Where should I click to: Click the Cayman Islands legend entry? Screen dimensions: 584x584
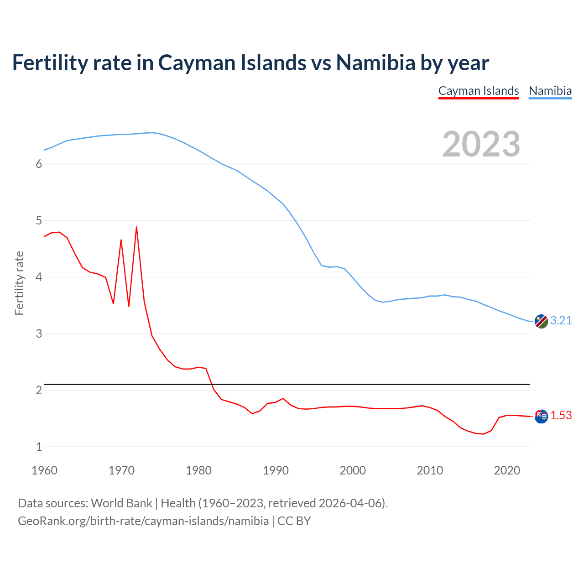[x=479, y=91]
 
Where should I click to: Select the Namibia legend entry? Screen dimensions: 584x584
[x=550, y=91]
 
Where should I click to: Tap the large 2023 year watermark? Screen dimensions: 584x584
[x=481, y=144]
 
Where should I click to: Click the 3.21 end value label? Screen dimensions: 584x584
[x=561, y=321]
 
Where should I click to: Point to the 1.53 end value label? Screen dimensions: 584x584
[x=561, y=416]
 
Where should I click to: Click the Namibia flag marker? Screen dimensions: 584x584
[x=541, y=321]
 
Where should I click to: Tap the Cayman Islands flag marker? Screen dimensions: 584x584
[x=541, y=416]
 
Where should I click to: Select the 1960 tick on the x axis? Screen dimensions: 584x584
[x=44, y=470]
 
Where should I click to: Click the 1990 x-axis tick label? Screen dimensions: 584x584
[x=276, y=470]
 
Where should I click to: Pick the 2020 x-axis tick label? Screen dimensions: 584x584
[x=507, y=470]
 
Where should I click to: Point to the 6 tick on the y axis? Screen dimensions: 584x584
[x=39, y=164]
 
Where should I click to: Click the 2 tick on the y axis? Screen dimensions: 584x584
[x=39, y=391]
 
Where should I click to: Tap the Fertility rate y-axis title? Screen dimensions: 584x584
[x=19, y=283]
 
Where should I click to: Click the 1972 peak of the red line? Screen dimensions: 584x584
[x=136, y=227]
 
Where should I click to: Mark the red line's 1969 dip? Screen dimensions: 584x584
[x=113, y=303]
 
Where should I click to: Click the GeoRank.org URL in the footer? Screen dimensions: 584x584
[x=143, y=521]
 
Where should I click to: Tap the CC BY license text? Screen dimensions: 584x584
[x=294, y=521]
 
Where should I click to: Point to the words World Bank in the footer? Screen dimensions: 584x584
[x=121, y=503]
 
